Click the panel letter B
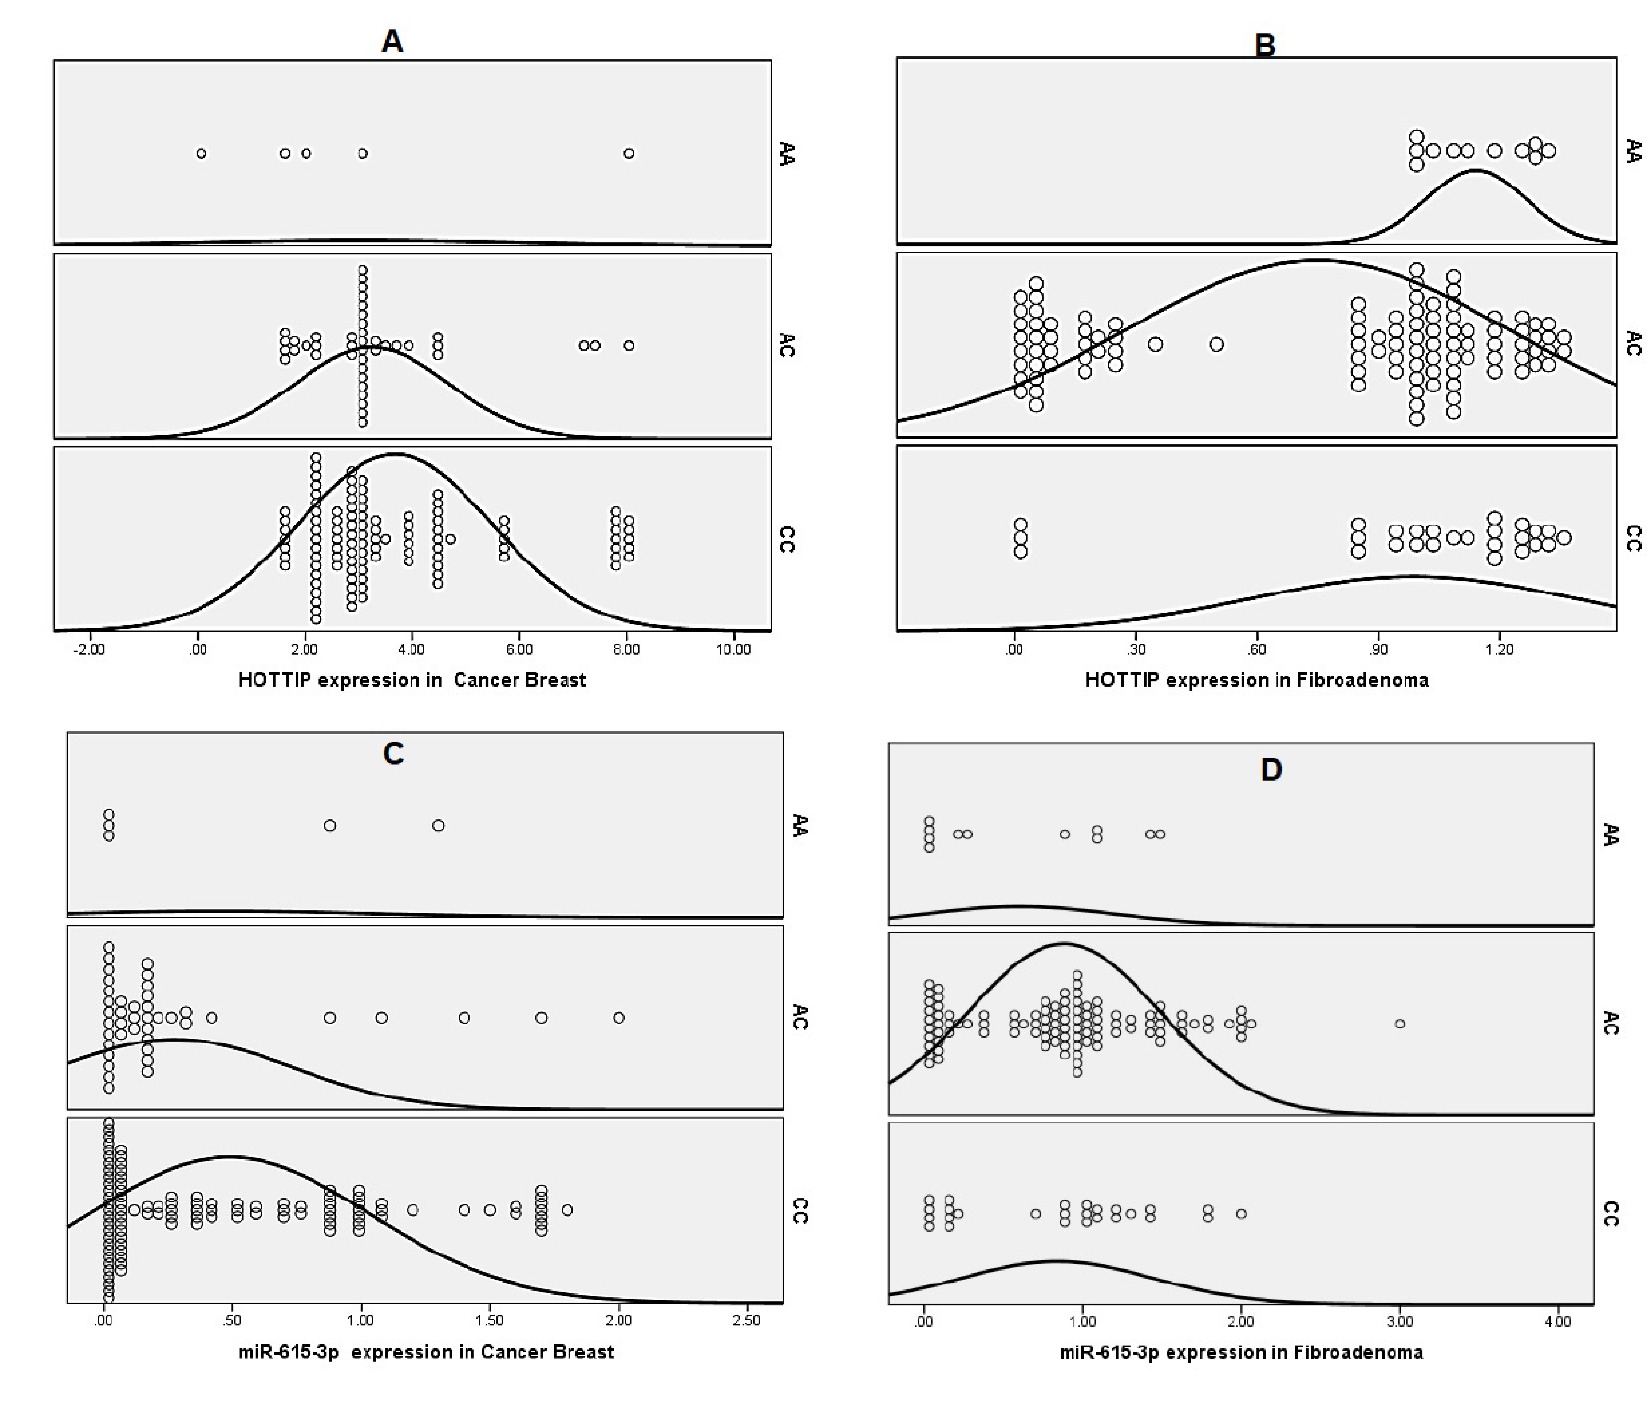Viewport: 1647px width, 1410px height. coord(1265,45)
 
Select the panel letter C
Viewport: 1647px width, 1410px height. coord(393,753)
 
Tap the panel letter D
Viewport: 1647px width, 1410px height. coord(1271,769)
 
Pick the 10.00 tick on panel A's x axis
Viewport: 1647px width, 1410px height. coord(733,649)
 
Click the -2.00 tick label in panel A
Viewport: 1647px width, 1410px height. coord(88,649)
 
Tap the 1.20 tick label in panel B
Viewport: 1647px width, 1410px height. coord(1499,649)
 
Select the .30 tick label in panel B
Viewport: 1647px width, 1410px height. coord(1137,649)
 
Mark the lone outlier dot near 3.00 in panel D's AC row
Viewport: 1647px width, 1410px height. coord(1400,1024)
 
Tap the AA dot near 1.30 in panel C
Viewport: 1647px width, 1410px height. coord(438,826)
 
